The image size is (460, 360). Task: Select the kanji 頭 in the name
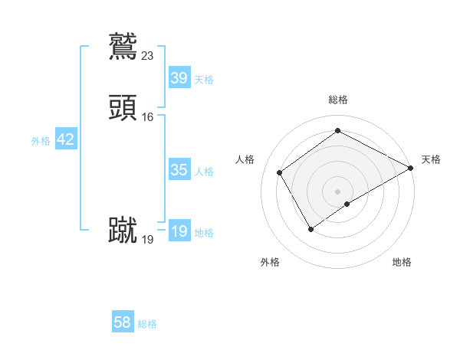click(x=123, y=109)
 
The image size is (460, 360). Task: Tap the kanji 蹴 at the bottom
click(x=123, y=231)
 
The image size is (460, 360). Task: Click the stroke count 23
click(x=148, y=55)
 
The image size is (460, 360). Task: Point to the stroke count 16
click(x=148, y=117)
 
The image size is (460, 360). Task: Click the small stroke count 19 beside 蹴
click(x=148, y=239)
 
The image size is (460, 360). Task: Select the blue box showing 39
click(x=179, y=77)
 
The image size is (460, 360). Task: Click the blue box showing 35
click(x=179, y=170)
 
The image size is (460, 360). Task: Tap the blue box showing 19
click(x=179, y=231)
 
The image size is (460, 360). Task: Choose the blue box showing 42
click(x=65, y=139)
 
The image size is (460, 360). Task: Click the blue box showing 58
click(x=122, y=322)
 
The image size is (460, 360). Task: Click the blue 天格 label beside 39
click(x=204, y=79)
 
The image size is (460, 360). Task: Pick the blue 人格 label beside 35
click(x=204, y=172)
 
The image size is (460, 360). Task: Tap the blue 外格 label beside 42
click(x=41, y=141)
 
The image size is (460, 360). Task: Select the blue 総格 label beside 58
click(x=147, y=324)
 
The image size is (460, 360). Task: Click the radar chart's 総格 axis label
click(x=338, y=100)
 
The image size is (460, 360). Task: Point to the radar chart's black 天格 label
click(x=431, y=159)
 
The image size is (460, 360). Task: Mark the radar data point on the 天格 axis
click(x=411, y=168)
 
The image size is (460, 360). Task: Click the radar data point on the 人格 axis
click(x=280, y=172)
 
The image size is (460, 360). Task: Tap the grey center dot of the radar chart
click(x=338, y=191)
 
